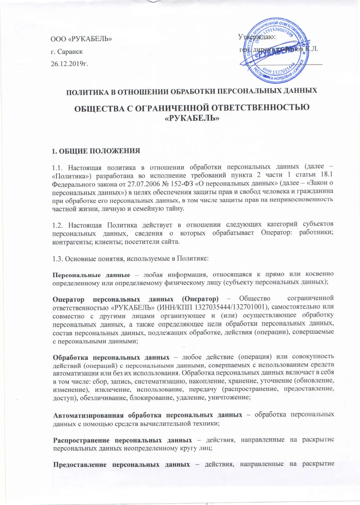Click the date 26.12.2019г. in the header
70,63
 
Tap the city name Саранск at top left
70,52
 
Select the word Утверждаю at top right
257,37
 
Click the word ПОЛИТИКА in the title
88,91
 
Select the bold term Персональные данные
91,274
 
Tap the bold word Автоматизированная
88,415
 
